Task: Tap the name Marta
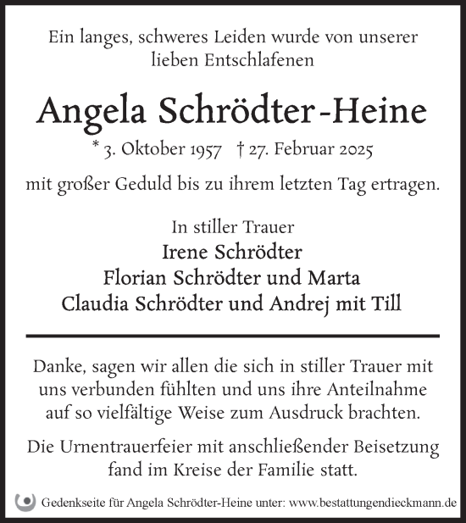click(338, 277)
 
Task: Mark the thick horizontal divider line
click(232, 336)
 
